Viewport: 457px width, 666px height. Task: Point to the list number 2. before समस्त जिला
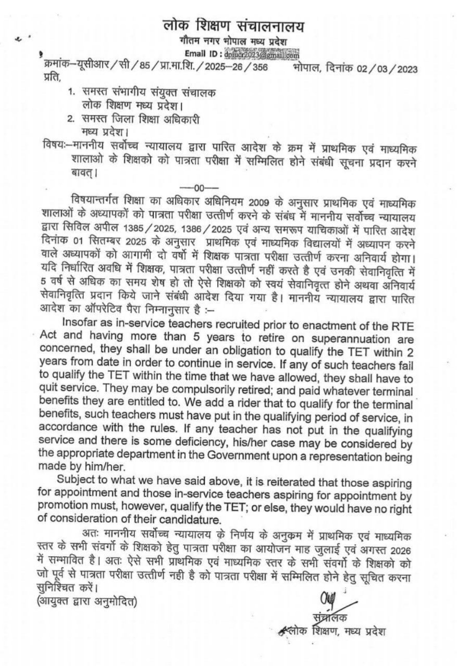point(71,119)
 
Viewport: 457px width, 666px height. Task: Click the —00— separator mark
point(192,187)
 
